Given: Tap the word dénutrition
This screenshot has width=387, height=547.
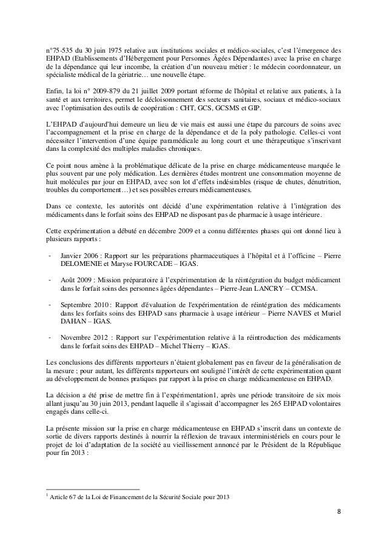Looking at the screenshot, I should [321, 180].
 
